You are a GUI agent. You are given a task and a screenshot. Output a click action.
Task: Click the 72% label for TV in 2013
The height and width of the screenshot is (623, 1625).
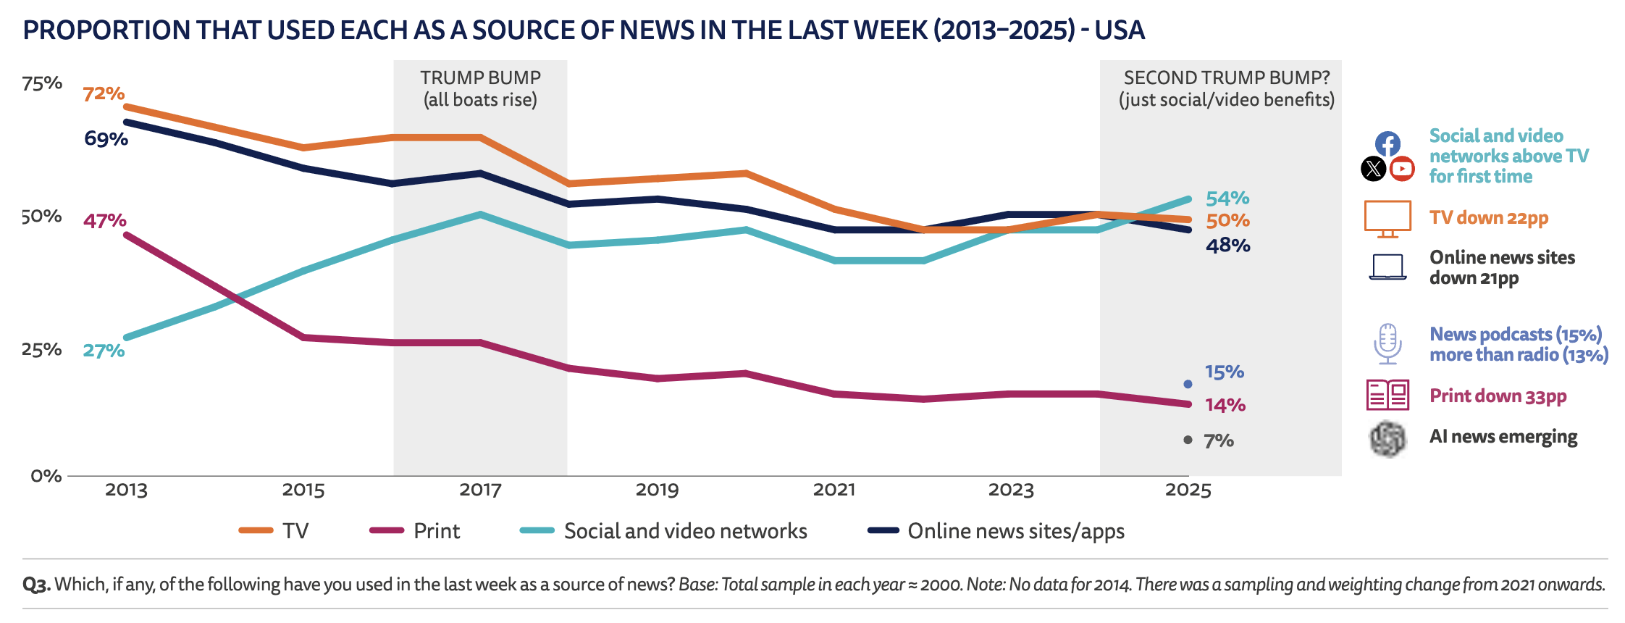click(x=104, y=93)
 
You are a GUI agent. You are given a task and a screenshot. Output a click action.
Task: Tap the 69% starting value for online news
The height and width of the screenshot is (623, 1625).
click(x=106, y=138)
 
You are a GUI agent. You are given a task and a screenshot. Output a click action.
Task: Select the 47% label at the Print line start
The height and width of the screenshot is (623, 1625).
click(x=104, y=220)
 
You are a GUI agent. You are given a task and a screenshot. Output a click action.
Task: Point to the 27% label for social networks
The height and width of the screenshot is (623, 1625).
click(x=104, y=351)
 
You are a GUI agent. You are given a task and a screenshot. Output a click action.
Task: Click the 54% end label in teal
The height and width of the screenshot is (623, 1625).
click(x=1227, y=198)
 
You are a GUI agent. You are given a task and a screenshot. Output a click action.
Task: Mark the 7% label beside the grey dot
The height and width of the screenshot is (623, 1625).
click(x=1219, y=440)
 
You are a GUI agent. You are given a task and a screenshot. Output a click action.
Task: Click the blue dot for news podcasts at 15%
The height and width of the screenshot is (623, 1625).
click(x=1188, y=384)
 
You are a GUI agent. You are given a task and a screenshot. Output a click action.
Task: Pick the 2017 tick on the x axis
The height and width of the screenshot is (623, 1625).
click(x=480, y=490)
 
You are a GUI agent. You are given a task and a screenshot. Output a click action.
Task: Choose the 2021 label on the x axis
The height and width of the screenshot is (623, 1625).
click(x=834, y=490)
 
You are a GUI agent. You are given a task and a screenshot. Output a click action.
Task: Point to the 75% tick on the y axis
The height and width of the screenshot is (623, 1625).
click(x=42, y=83)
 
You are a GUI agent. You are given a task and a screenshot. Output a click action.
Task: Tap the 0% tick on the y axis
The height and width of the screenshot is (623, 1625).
click(x=46, y=476)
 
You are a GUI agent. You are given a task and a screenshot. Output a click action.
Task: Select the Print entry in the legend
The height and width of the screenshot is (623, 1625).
click(x=414, y=531)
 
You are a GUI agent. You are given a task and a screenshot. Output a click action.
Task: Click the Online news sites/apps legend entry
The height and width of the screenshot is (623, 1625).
click(x=996, y=531)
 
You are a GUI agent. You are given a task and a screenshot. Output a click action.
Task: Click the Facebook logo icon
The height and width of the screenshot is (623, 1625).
click(x=1387, y=143)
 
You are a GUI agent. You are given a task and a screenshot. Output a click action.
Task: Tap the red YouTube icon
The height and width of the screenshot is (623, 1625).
click(x=1402, y=169)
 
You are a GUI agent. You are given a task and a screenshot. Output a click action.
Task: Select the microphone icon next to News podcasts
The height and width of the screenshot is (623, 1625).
click(x=1387, y=343)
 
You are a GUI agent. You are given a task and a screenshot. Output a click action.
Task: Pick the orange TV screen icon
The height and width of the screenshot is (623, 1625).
click(x=1387, y=219)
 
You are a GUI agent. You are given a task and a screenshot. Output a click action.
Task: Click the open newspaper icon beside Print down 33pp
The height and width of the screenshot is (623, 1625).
click(x=1387, y=395)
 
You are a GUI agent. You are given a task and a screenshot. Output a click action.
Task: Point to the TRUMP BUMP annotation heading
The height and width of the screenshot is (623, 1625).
click(x=480, y=78)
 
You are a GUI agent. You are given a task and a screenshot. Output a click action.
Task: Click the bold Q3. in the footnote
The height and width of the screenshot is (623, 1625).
click(x=36, y=585)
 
